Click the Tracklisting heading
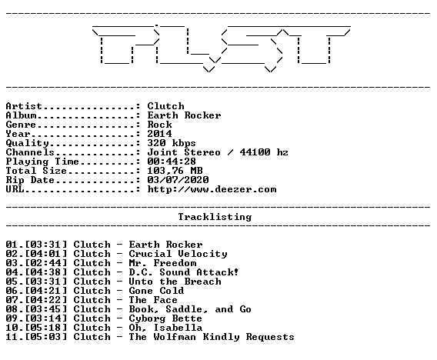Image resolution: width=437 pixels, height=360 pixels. (215, 217)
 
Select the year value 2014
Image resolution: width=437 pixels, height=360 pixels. (160, 134)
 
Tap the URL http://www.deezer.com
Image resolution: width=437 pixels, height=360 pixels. (212, 189)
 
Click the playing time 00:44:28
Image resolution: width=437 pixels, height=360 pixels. (172, 162)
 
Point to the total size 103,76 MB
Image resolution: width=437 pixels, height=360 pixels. (175, 171)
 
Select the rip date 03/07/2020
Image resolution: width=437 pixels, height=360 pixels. (178, 180)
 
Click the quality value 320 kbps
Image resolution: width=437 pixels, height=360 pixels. (172, 143)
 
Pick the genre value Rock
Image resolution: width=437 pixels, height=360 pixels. (160, 125)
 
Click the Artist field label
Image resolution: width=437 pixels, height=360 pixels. (24, 106)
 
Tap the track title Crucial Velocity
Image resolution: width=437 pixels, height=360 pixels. (178, 254)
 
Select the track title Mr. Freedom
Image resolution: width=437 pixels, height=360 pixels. (163, 263)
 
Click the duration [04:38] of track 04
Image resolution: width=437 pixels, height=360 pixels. (46, 272)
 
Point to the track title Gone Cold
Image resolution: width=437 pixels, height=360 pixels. (157, 291)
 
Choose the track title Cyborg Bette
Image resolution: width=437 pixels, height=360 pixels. (165, 318)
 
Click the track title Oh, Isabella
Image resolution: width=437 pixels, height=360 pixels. (165, 328)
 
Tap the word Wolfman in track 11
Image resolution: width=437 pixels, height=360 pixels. (175, 337)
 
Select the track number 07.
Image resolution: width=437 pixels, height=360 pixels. (12, 300)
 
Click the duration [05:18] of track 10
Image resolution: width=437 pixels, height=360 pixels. (46, 328)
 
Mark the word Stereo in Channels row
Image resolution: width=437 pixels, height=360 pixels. (202, 152)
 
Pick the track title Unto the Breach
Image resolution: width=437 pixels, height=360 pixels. (175, 282)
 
